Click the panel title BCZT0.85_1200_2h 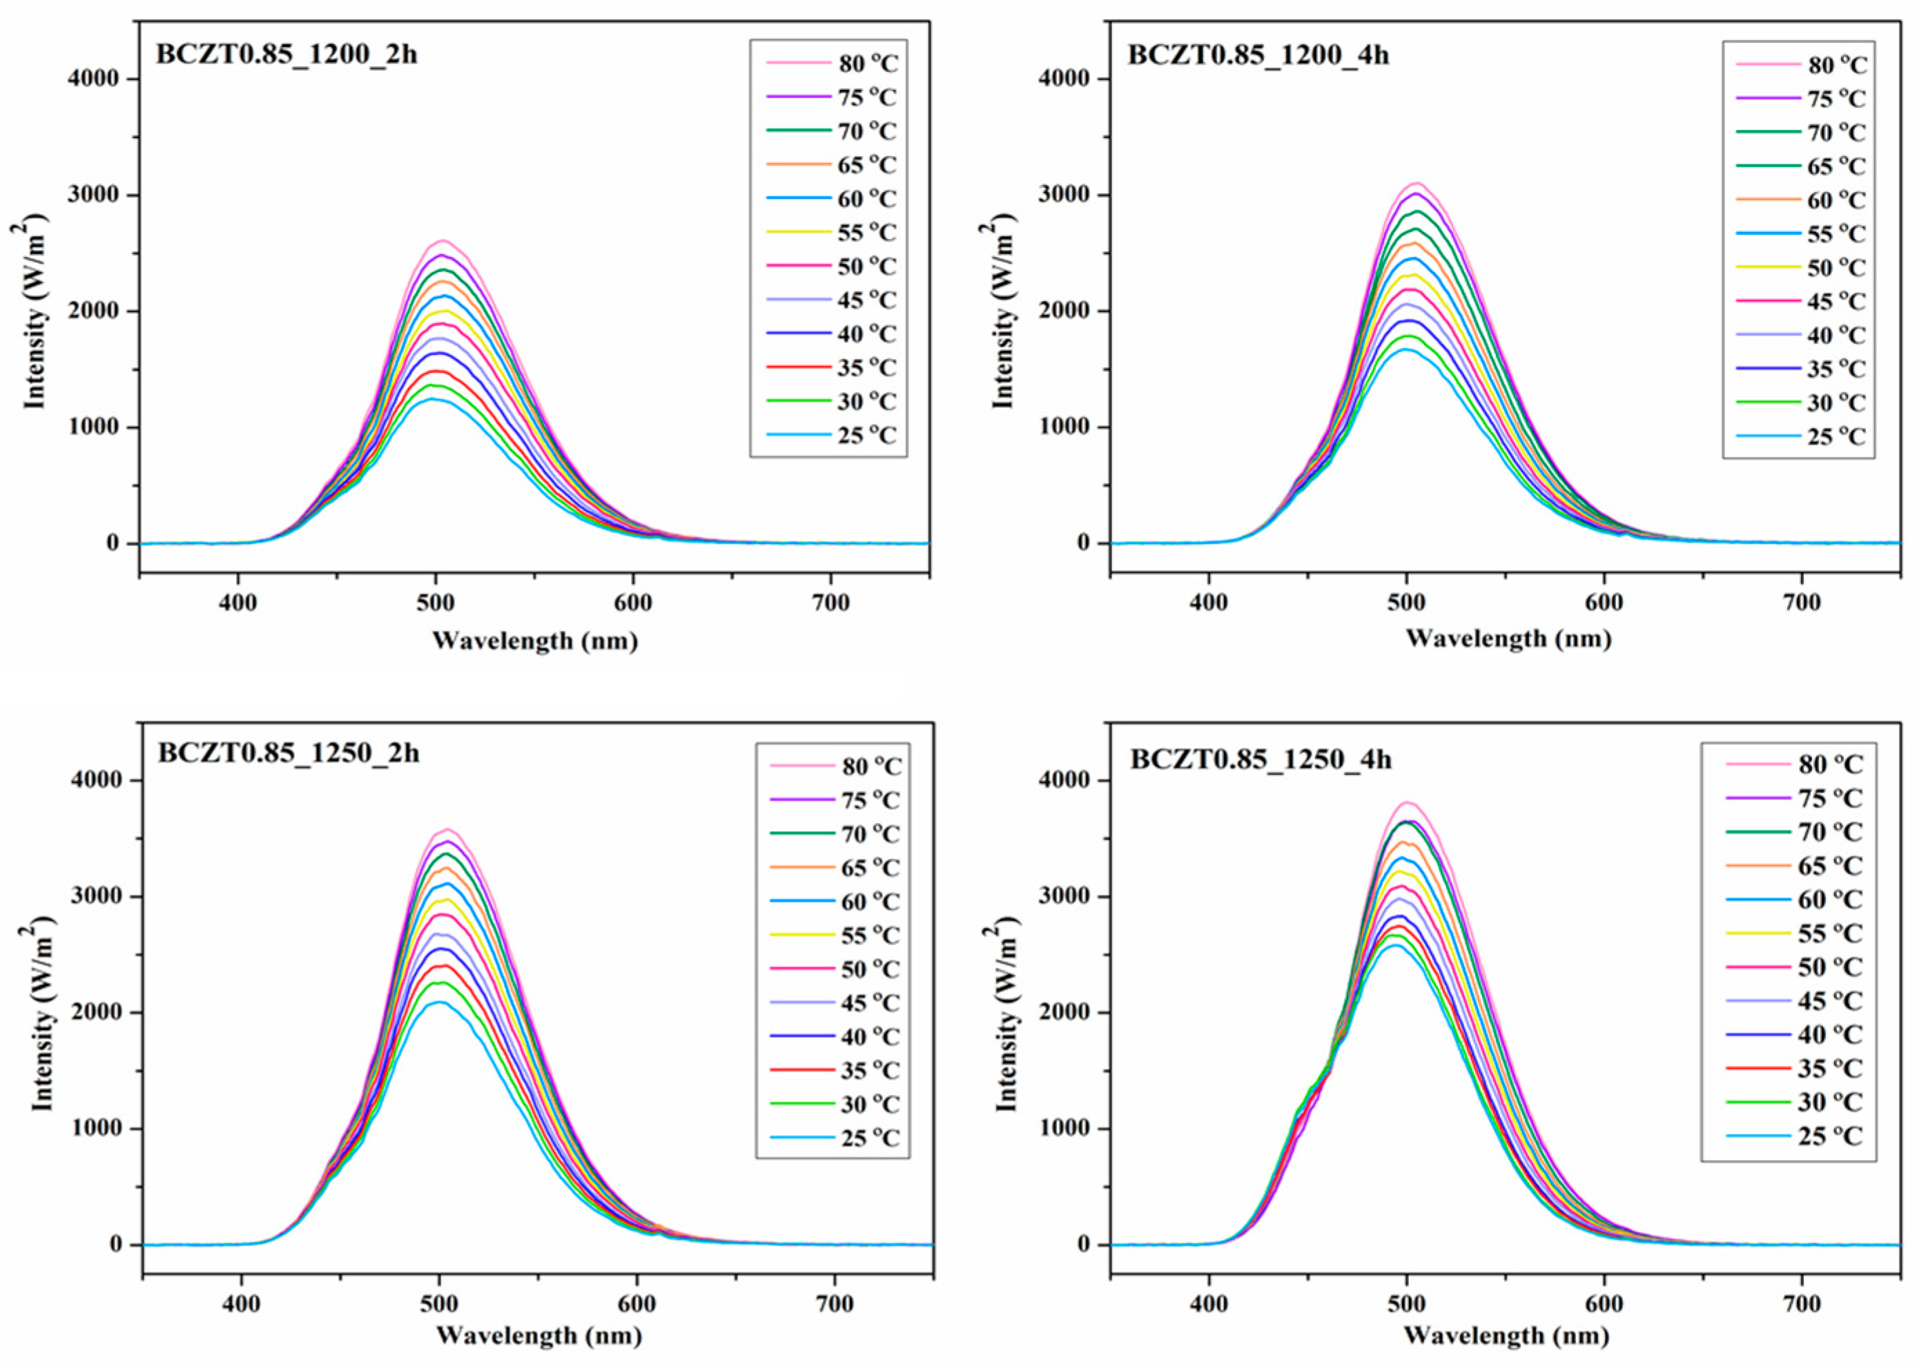point(286,55)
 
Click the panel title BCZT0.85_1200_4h point(1258,55)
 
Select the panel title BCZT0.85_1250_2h point(288,753)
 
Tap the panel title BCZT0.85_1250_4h point(1261,759)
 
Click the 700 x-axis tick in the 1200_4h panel point(1802,603)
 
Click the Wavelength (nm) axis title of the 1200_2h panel point(535,641)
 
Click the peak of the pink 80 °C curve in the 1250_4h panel point(1407,802)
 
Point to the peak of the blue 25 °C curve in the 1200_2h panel point(434,399)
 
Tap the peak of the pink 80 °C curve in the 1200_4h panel point(1417,183)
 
